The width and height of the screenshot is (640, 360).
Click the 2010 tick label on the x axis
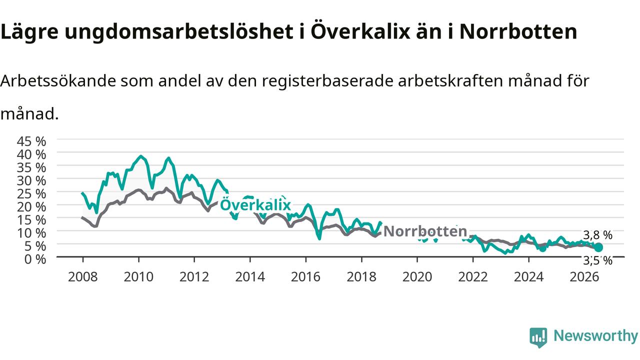pyautogui.click(x=138, y=277)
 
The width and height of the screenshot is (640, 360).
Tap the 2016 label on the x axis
pyautogui.click(x=305, y=277)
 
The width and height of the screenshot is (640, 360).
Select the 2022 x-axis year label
pyautogui.click(x=473, y=277)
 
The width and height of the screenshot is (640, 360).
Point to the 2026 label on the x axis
pyautogui.click(x=584, y=277)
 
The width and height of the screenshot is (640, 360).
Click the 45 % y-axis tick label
pyautogui.click(x=31, y=141)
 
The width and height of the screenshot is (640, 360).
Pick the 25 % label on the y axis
pyautogui.click(x=31, y=194)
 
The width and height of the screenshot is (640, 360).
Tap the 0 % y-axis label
pyautogui.click(x=35, y=259)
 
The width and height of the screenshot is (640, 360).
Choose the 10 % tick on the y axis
pyautogui.click(x=31, y=233)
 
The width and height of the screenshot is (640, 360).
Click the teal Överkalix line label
pyautogui.click(x=255, y=204)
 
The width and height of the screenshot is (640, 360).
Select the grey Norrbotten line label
pyautogui.click(x=425, y=231)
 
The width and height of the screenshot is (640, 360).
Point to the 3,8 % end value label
pyautogui.click(x=597, y=235)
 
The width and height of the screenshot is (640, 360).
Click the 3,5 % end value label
pyautogui.click(x=597, y=260)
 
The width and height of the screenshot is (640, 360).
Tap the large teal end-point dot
pyautogui.click(x=598, y=247)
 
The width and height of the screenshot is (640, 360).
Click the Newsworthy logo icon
pyautogui.click(x=538, y=337)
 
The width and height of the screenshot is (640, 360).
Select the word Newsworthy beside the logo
pyautogui.click(x=595, y=336)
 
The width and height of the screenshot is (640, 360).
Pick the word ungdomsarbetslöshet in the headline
pyautogui.click(x=179, y=32)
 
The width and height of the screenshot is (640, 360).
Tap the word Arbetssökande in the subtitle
pyautogui.click(x=58, y=81)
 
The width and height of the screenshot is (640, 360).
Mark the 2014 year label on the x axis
pyautogui.click(x=250, y=277)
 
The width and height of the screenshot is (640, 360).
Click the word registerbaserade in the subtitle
pyautogui.click(x=328, y=81)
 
